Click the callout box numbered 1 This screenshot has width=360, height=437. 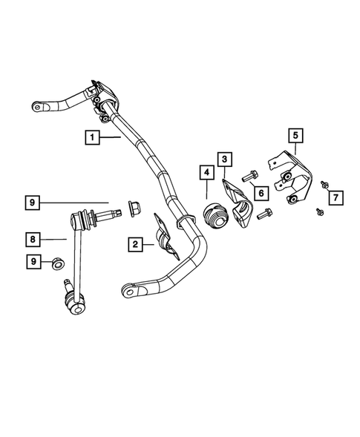[x=91, y=137]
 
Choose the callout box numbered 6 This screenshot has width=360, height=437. [x=261, y=193]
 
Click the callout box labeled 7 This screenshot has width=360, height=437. [x=336, y=197]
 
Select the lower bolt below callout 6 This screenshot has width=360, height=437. [x=264, y=216]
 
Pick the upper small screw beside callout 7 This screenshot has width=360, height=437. [x=324, y=183]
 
